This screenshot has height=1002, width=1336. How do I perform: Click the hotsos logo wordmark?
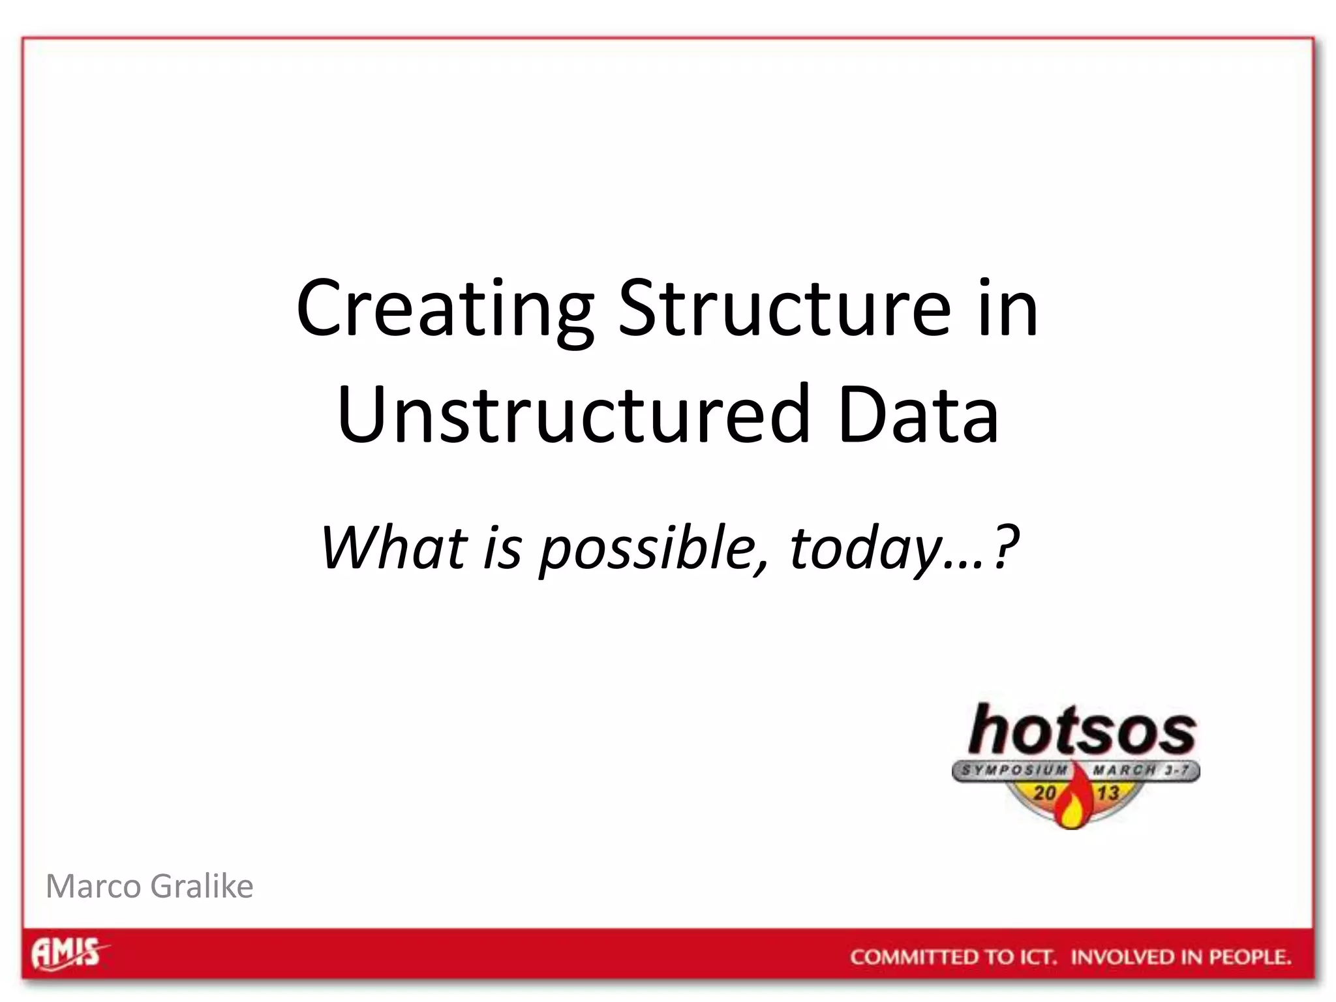click(1081, 731)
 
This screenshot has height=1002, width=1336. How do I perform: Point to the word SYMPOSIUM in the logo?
click(1014, 770)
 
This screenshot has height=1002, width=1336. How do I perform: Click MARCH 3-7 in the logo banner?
click(1141, 770)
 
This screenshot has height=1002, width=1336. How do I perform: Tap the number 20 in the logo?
click(1044, 793)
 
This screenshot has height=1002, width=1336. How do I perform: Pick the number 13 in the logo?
click(1107, 793)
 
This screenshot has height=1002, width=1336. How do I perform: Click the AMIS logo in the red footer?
click(68, 954)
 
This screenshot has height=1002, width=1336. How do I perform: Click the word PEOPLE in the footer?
click(1249, 958)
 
